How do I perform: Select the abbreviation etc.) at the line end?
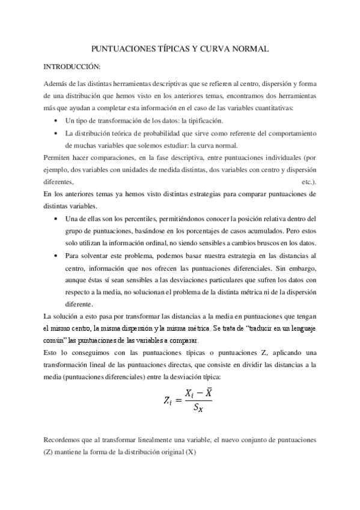[x=308, y=180]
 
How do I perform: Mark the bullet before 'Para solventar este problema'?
[x=56, y=254]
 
